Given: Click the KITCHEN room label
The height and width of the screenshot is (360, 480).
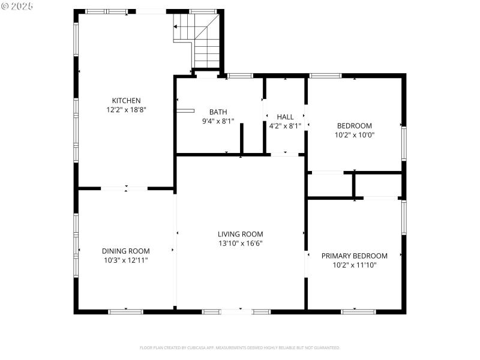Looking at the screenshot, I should point(126,100).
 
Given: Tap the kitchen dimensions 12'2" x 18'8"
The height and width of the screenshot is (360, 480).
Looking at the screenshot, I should point(126,110).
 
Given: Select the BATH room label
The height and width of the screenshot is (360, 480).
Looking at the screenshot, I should point(218,112).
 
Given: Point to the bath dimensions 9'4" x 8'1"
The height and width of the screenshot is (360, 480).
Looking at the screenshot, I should point(218,121).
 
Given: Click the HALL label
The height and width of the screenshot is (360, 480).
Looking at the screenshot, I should point(285,116).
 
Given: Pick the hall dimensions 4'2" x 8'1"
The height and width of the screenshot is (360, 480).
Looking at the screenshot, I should point(285,126).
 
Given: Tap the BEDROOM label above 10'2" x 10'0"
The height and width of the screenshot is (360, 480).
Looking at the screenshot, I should point(354,125).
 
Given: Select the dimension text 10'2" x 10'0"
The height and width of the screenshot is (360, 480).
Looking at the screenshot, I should point(354,135).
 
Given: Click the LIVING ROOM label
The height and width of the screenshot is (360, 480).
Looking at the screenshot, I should point(240,234).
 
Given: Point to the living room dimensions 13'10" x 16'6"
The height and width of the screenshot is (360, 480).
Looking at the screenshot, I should point(240,244).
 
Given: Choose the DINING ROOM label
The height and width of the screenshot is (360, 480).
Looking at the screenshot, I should point(125,251).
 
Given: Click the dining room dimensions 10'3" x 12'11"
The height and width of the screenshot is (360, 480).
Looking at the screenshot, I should point(125,260).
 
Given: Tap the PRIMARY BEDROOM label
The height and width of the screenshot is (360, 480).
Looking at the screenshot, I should point(354,255).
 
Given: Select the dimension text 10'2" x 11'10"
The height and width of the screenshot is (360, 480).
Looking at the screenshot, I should point(354,265).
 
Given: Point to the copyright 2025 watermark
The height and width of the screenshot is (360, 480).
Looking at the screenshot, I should point(17,5).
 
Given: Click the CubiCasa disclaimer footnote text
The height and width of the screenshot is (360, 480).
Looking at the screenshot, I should point(240,347).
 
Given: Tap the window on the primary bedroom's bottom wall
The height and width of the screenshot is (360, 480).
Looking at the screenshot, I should point(358,311).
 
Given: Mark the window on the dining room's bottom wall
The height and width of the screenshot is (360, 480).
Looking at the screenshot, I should point(125,311).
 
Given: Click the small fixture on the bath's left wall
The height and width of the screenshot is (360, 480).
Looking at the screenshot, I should point(185,110).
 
